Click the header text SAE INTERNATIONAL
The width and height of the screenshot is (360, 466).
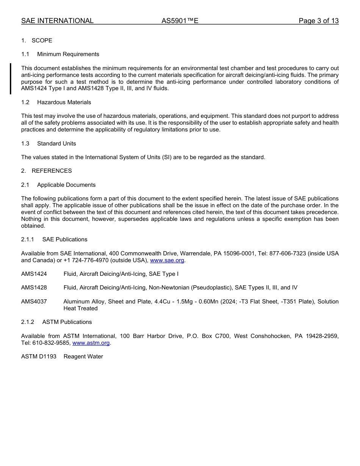(x=57, y=21)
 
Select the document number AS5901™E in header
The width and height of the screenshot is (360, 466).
(x=180, y=21)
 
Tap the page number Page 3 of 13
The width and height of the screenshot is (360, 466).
(x=318, y=21)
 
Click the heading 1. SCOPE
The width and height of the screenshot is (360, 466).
(x=37, y=41)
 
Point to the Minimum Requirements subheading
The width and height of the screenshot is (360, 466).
(x=68, y=54)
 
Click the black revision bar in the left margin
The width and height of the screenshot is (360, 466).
(x=11, y=78)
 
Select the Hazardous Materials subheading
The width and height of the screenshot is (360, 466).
(x=64, y=102)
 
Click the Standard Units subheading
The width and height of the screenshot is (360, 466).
(x=56, y=144)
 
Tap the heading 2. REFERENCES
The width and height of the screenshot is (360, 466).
(x=46, y=171)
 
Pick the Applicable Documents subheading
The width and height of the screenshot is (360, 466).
(x=66, y=185)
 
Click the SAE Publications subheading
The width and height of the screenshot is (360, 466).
(x=64, y=239)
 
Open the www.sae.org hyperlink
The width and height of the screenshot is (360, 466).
(x=167, y=260)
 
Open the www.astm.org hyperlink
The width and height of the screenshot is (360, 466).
(x=91, y=343)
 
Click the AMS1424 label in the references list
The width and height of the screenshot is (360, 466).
(x=34, y=274)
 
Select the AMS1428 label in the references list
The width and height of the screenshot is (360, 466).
(x=34, y=288)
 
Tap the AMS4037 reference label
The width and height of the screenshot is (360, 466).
(x=34, y=302)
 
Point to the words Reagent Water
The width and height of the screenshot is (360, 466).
(x=83, y=357)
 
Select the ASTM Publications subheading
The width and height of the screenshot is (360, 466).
(x=67, y=322)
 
